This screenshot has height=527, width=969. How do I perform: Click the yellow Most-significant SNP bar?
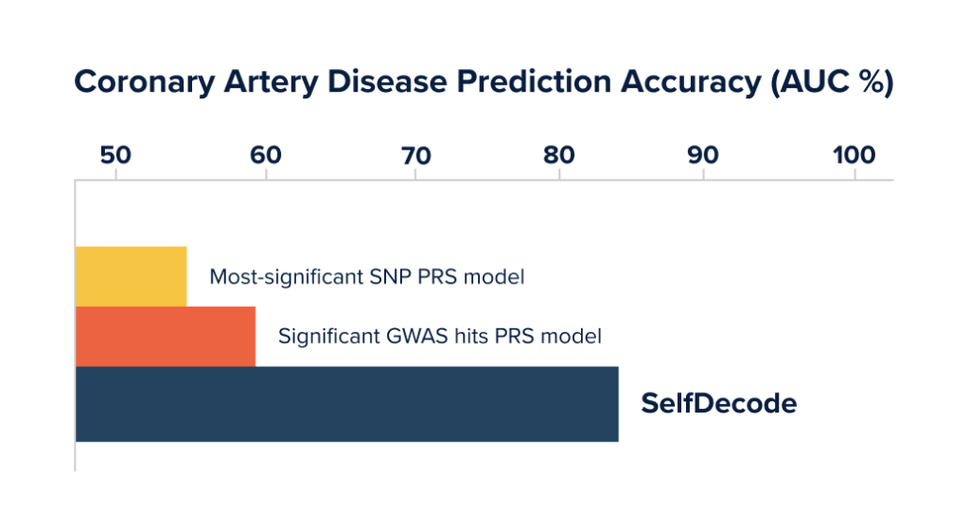[x=131, y=276]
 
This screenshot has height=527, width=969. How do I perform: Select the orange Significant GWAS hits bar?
[x=166, y=336]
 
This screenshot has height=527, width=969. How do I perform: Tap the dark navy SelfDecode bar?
[x=346, y=404]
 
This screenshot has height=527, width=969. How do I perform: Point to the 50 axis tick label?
[x=115, y=155]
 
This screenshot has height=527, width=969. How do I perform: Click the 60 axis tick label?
[x=266, y=155]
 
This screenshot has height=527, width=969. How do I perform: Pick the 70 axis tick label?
[x=416, y=156]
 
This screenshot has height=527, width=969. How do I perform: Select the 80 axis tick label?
[x=559, y=155]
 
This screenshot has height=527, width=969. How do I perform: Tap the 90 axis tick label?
[x=703, y=155]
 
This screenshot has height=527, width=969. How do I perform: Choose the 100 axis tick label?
[x=854, y=155]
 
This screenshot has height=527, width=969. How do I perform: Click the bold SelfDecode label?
[x=719, y=403]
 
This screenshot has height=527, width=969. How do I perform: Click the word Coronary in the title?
[x=144, y=82]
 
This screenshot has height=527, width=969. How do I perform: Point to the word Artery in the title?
[x=270, y=82]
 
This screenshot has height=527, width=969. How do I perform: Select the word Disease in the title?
[x=387, y=81]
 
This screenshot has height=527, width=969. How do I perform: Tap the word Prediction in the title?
[x=534, y=81]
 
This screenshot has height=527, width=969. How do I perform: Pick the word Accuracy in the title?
[x=691, y=82]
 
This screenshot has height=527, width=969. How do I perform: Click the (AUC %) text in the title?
[x=833, y=82]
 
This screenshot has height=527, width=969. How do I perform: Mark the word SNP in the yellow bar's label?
[x=390, y=276]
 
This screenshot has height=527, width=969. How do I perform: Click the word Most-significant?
[x=286, y=277]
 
